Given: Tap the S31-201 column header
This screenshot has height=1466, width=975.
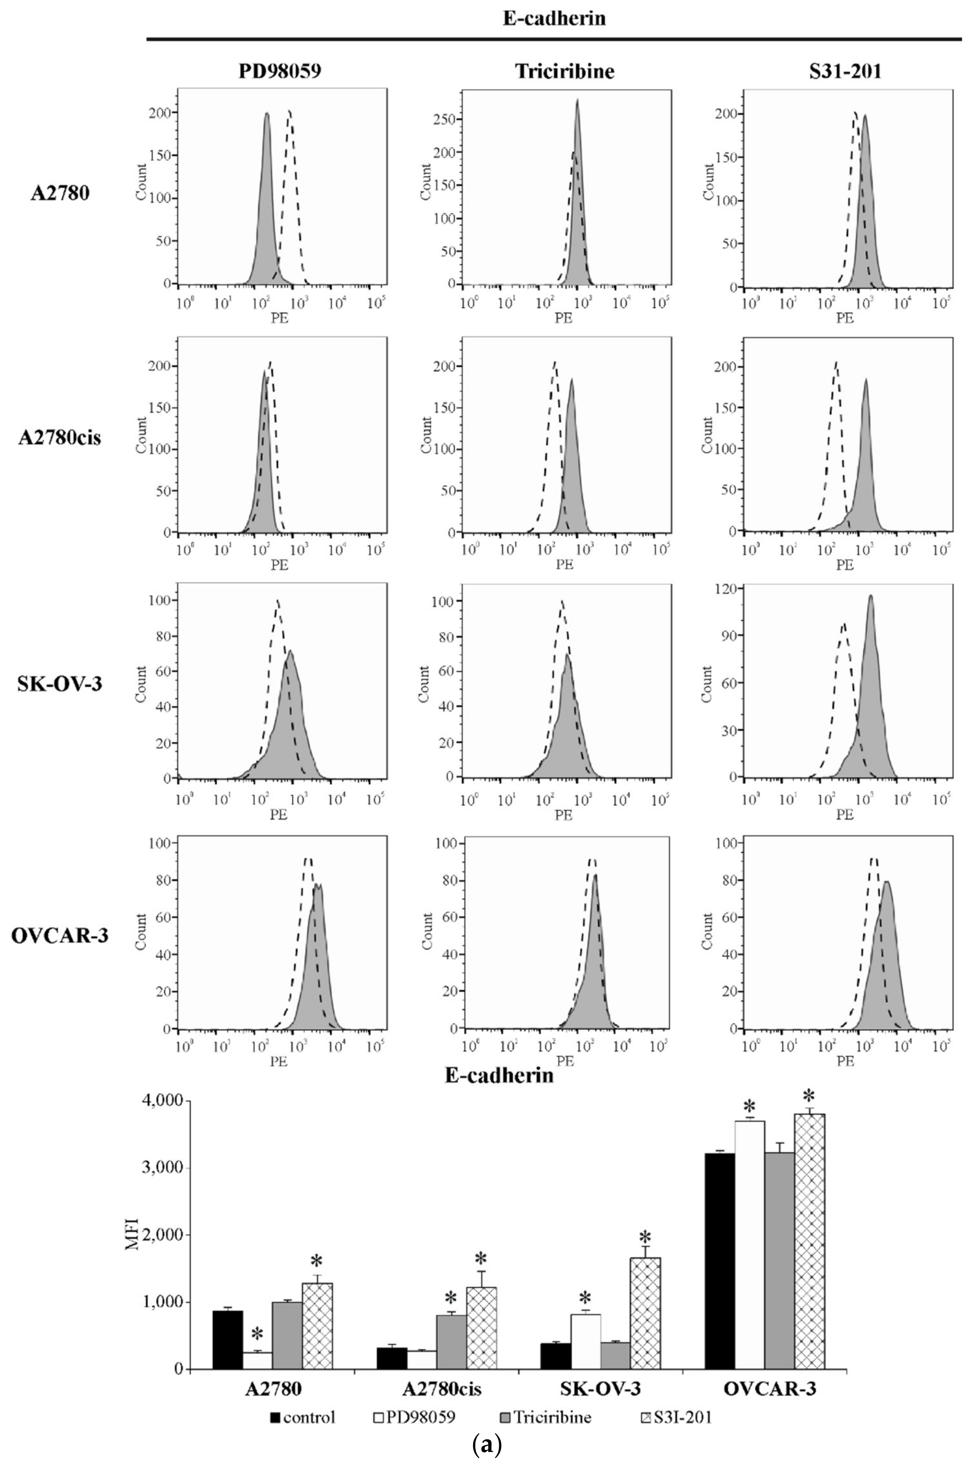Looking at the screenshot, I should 845,72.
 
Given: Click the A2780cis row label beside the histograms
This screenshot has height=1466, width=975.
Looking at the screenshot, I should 60,438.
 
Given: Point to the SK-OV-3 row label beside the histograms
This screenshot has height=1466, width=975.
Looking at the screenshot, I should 60,684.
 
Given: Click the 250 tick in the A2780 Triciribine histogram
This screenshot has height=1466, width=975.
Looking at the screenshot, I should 444,120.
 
